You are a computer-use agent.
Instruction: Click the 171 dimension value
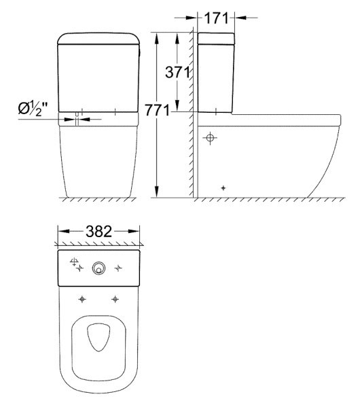tap(216, 18)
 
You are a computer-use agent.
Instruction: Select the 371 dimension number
tap(177, 72)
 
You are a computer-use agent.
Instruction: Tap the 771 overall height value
tap(157, 110)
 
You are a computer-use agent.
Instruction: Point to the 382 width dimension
tap(99, 231)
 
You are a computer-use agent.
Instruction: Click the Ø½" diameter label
tap(33, 108)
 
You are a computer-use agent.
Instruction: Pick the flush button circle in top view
tap(99, 268)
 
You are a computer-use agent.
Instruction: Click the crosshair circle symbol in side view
tap(210, 137)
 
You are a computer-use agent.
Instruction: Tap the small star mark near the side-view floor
tap(223, 188)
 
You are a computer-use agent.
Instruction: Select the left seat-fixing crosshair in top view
tap(82, 300)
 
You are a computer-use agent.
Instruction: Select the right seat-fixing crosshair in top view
tap(115, 300)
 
